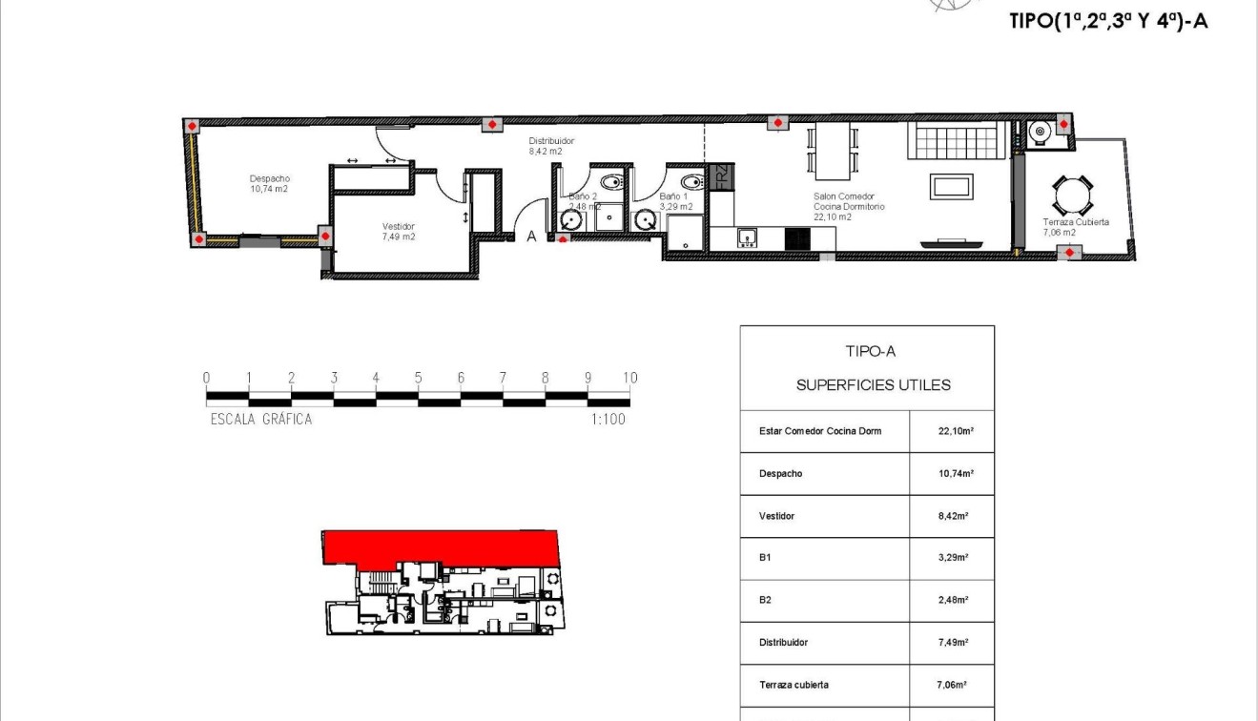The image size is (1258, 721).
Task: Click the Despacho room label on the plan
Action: click(x=269, y=183)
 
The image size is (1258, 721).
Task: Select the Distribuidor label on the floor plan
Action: click(x=551, y=145)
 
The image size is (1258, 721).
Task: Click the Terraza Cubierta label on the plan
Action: click(x=1075, y=226)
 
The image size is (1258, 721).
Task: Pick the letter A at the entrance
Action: click(x=532, y=237)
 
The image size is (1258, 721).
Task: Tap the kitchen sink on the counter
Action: click(x=747, y=237)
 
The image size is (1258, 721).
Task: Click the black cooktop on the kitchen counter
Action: click(x=797, y=238)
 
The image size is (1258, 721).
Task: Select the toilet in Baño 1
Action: click(x=691, y=182)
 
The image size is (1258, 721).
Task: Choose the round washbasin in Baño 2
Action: click(x=572, y=220)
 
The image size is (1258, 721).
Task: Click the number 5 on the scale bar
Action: click(x=418, y=378)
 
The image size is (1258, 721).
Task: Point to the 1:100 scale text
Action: click(x=608, y=419)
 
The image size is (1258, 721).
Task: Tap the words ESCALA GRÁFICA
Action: click(x=260, y=419)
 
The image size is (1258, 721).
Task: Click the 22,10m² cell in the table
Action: click(x=953, y=431)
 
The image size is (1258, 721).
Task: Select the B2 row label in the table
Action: click(x=766, y=600)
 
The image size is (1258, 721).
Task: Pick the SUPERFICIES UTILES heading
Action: click(x=873, y=385)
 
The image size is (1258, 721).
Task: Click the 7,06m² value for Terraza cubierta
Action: click(x=953, y=685)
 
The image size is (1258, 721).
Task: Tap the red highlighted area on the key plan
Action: click(x=439, y=546)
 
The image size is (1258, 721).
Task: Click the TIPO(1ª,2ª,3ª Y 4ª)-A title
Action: click(x=1107, y=21)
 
